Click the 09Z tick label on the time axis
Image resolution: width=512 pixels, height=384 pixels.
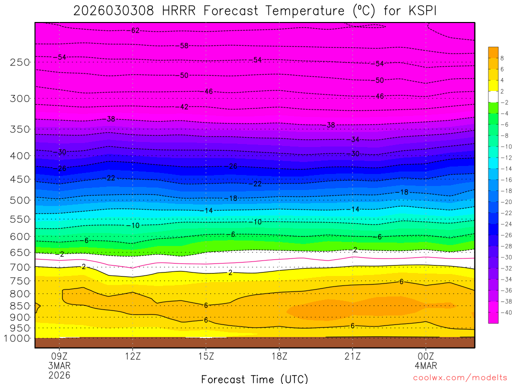pos(59,356)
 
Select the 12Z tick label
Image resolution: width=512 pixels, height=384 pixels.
pos(132,356)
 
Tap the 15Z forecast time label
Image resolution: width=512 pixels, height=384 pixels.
pos(206,356)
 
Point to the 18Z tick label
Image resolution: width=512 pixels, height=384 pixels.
pos(279,356)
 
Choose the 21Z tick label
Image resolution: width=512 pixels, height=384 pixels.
pos(352,356)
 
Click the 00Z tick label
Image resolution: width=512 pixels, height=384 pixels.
pos(425,356)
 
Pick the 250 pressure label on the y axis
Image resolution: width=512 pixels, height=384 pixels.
pos(20,62)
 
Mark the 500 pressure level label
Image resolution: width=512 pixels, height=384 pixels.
pos(20,200)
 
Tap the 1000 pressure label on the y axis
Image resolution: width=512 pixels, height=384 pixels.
pos(18,338)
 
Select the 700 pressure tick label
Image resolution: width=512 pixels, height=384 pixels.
pos(20,267)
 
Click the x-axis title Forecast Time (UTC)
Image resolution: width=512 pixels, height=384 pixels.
pos(254,379)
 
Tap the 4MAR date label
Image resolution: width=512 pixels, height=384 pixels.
pos(425,366)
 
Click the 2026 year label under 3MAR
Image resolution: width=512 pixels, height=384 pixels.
pos(59,375)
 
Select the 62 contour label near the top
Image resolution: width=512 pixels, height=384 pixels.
pos(135,30)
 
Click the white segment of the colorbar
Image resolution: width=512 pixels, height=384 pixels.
pos(493,96)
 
